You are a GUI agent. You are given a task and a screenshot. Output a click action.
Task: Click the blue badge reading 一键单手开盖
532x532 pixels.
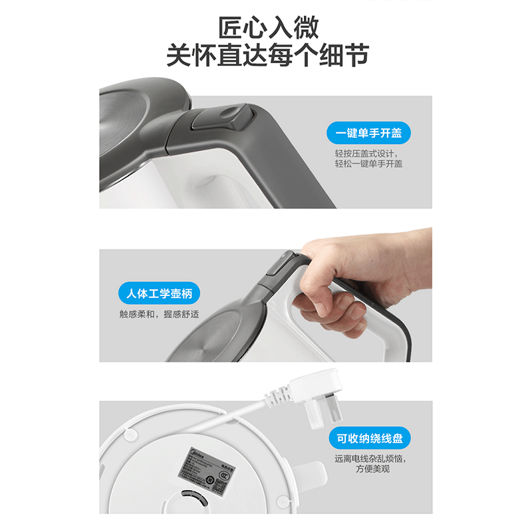(369, 133)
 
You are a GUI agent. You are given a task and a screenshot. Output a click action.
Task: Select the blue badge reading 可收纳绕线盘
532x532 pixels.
(369, 439)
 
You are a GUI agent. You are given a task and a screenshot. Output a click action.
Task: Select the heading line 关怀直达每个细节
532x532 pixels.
(267, 55)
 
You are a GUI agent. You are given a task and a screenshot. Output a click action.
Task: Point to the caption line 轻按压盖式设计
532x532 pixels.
(368, 152)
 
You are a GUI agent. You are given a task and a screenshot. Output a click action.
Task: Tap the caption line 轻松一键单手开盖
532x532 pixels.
(368, 164)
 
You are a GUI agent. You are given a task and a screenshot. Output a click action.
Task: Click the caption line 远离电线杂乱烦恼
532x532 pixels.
(370, 458)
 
